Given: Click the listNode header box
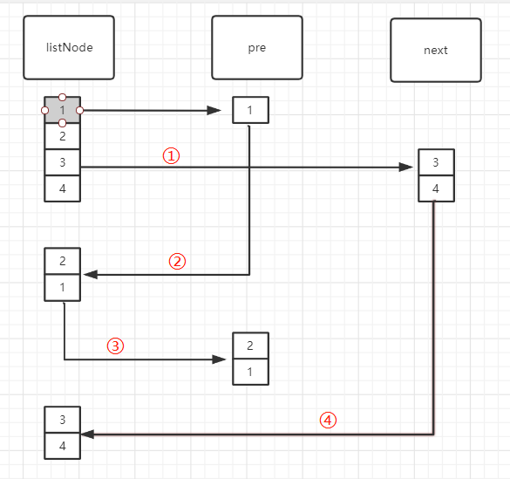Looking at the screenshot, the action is pyautogui.click(x=69, y=47).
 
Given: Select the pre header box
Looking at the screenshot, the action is pyautogui.click(x=257, y=47).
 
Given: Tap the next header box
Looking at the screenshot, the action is pyautogui.click(x=436, y=50).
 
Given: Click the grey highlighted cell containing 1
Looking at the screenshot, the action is pyautogui.click(x=63, y=110).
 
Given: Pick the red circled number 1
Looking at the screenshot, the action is pyautogui.click(x=171, y=156).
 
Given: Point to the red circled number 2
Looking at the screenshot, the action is pyautogui.click(x=177, y=261).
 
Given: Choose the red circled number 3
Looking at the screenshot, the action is pyautogui.click(x=115, y=346).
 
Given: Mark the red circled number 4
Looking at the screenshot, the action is pyautogui.click(x=328, y=420).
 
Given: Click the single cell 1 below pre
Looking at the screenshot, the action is pyautogui.click(x=250, y=110).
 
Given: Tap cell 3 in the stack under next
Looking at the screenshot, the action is pyautogui.click(x=436, y=162).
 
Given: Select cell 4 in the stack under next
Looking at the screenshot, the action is pyautogui.click(x=436, y=188).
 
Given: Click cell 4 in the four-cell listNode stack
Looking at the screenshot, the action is pyautogui.click(x=63, y=188).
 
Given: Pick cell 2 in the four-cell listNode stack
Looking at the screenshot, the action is pyautogui.click(x=63, y=136).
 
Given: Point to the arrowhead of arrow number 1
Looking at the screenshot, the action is pyautogui.click(x=406, y=168).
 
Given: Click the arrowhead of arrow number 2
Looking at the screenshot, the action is pyautogui.click(x=91, y=275).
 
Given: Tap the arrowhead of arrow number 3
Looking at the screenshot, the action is pyautogui.click(x=219, y=359).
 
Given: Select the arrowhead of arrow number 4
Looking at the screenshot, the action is pyautogui.click(x=87, y=435).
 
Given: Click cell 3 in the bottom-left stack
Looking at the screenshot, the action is pyautogui.click(x=63, y=420).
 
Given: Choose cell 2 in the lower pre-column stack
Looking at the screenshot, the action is pyautogui.click(x=250, y=346).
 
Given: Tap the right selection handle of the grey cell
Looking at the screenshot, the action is pyautogui.click(x=79, y=111).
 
